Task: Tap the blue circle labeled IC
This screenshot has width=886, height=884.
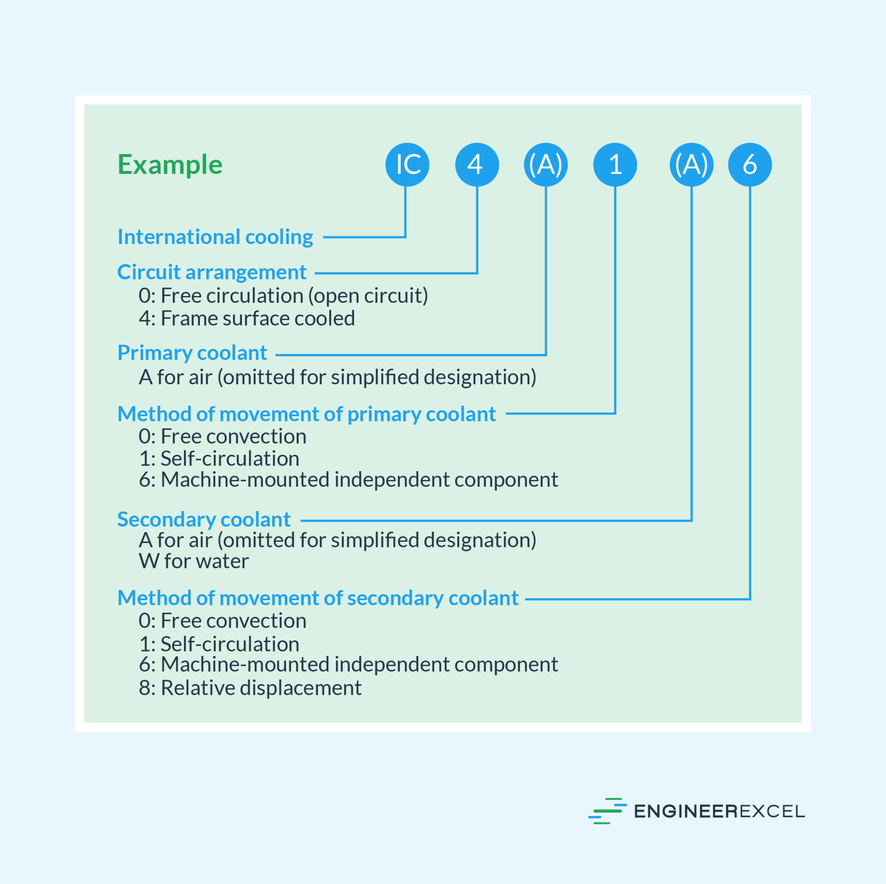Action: pos(407,165)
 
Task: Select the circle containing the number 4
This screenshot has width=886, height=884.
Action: pos(477,165)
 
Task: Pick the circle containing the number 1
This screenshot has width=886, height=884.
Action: pos(615,165)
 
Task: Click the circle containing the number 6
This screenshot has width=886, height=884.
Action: pos(750,165)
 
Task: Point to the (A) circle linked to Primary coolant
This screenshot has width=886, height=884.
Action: pos(546,165)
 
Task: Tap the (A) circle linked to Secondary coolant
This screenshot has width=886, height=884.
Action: pos(692,165)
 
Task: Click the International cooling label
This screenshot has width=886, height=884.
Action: pos(215,238)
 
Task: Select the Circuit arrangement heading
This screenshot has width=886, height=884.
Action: pos(212,273)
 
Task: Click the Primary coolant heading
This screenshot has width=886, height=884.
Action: pos(192,353)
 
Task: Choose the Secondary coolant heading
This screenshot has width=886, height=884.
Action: pos(204,520)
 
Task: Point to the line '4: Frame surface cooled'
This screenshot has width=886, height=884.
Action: pos(247,318)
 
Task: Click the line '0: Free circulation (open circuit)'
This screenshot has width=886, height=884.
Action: pos(283,296)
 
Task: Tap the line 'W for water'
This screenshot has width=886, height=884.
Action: pos(194,561)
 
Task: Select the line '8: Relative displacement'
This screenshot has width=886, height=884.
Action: pos(250,688)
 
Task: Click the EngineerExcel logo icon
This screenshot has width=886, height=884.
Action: pos(607,811)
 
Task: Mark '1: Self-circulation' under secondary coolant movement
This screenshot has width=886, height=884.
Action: pos(219,644)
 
